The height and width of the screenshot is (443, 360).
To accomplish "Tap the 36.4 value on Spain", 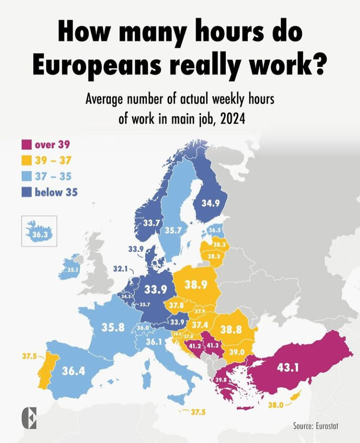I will tap(74, 370).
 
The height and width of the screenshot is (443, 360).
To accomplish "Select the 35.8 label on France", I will tap(113, 327).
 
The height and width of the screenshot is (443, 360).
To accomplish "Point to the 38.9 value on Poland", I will tap(196, 284).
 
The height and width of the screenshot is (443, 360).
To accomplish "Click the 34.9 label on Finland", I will tap(210, 203).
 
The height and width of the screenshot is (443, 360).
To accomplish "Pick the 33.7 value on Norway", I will tap(151, 223).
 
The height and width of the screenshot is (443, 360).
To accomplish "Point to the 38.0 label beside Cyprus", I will tap(276, 404).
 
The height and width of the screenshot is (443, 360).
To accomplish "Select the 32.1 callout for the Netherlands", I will tap(120, 268).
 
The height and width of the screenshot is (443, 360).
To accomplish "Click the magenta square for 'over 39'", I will tap(26, 145).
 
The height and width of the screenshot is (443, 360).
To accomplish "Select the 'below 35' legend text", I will tap(56, 192).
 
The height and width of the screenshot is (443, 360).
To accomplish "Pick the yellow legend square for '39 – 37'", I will tap(26, 161).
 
